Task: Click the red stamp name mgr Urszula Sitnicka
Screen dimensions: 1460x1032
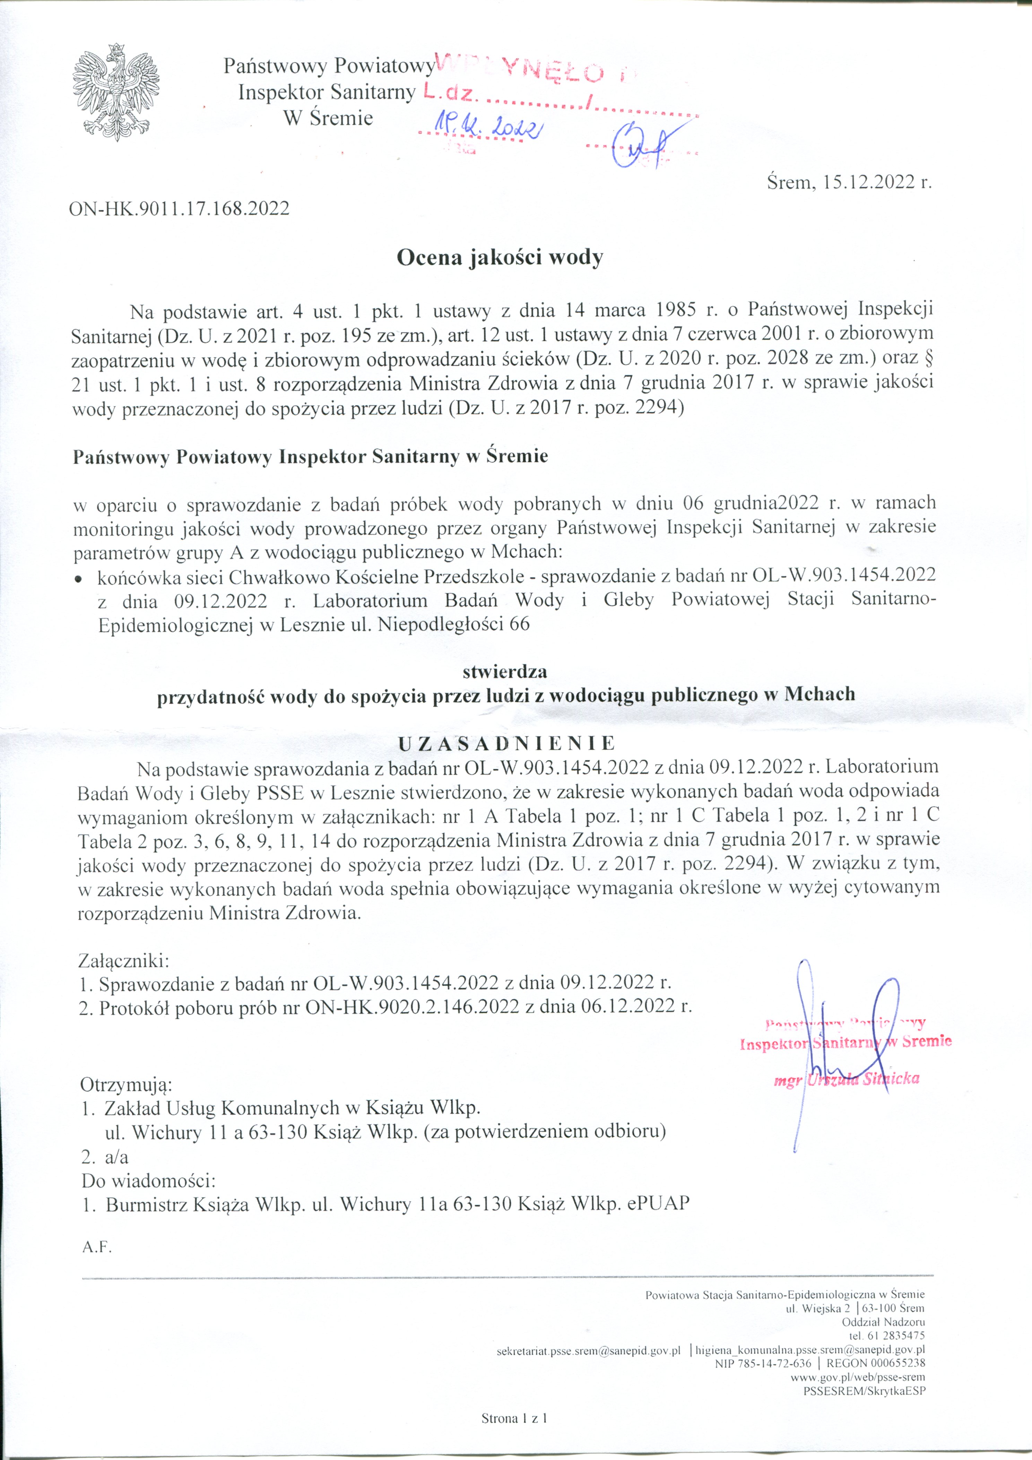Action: tap(846, 1080)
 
